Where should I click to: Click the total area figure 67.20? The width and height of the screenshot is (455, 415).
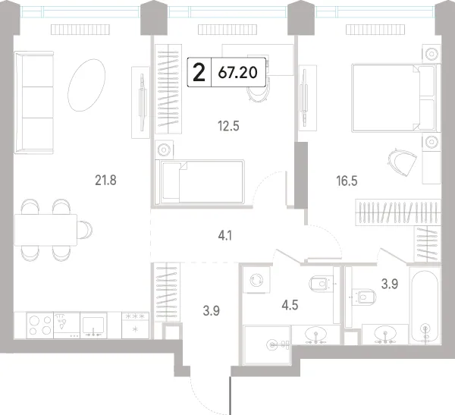[237, 72]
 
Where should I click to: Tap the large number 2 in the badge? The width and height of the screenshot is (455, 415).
[199, 73]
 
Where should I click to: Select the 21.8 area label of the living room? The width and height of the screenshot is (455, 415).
[105, 181]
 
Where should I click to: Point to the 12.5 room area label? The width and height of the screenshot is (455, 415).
[228, 127]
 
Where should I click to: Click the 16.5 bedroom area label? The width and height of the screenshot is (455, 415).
[347, 181]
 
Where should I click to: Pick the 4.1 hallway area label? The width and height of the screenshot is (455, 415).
[225, 236]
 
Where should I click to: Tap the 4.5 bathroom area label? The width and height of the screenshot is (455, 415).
[290, 305]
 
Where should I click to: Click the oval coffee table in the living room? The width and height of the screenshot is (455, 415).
[86, 85]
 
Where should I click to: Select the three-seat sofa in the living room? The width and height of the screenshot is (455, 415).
[34, 102]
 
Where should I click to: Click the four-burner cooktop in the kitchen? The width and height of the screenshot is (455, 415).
[39, 325]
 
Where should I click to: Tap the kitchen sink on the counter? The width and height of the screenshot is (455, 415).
[93, 325]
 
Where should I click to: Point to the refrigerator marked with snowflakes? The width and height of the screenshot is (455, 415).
[135, 325]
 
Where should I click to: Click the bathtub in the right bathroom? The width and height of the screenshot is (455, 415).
[425, 306]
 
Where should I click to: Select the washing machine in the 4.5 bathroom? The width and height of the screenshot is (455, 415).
[257, 280]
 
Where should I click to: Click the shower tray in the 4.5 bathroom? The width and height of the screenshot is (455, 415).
[267, 345]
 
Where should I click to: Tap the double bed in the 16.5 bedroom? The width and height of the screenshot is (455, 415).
[396, 98]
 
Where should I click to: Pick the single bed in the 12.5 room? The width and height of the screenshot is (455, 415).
[199, 182]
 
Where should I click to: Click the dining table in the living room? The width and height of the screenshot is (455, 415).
[45, 230]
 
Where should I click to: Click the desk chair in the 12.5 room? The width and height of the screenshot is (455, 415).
[258, 91]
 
